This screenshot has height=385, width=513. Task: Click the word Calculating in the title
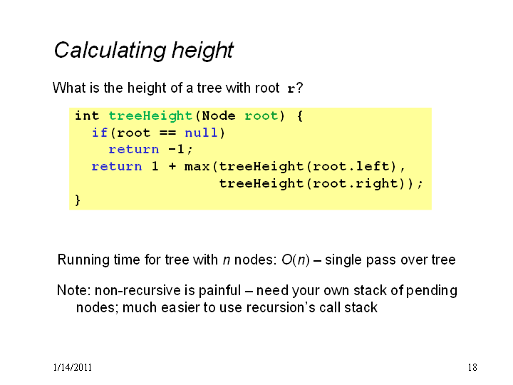click(x=110, y=51)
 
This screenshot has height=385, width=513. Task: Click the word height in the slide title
click(x=203, y=51)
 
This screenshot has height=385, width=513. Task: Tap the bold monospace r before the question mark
click(x=291, y=88)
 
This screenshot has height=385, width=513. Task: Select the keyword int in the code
click(x=87, y=115)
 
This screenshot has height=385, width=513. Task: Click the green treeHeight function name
click(x=150, y=116)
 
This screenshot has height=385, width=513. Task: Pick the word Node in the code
click(x=219, y=115)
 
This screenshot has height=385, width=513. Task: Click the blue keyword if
click(x=100, y=133)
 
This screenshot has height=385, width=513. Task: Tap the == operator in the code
click(x=168, y=133)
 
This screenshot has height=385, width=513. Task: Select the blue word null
click(x=201, y=133)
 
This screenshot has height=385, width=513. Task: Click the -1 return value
click(x=177, y=149)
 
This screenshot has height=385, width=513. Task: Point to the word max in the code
click(x=197, y=166)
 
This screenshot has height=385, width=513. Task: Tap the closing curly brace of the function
click(x=78, y=200)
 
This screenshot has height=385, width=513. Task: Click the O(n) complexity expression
click(x=296, y=260)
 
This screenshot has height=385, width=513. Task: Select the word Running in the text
click(x=84, y=260)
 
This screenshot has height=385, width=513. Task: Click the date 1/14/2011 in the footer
click(x=72, y=367)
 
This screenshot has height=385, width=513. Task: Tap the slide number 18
click(x=472, y=367)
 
